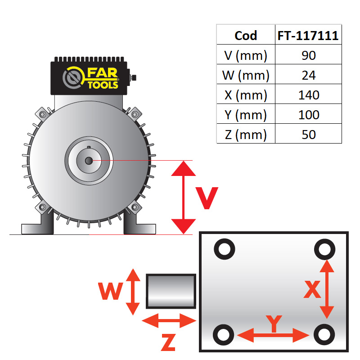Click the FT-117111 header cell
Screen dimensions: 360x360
308,36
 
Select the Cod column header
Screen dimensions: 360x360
246,36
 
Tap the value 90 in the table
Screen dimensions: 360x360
308,55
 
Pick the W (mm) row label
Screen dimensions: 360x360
246,75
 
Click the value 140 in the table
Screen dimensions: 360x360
308,95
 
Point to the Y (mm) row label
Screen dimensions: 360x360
246,115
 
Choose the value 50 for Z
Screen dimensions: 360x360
308,134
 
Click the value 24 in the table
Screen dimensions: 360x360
308,75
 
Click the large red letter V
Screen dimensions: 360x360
207,198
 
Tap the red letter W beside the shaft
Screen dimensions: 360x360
111,292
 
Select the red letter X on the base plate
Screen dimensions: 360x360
312,290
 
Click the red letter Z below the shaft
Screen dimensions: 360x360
167,343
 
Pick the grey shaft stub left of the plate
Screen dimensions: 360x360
171,292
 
